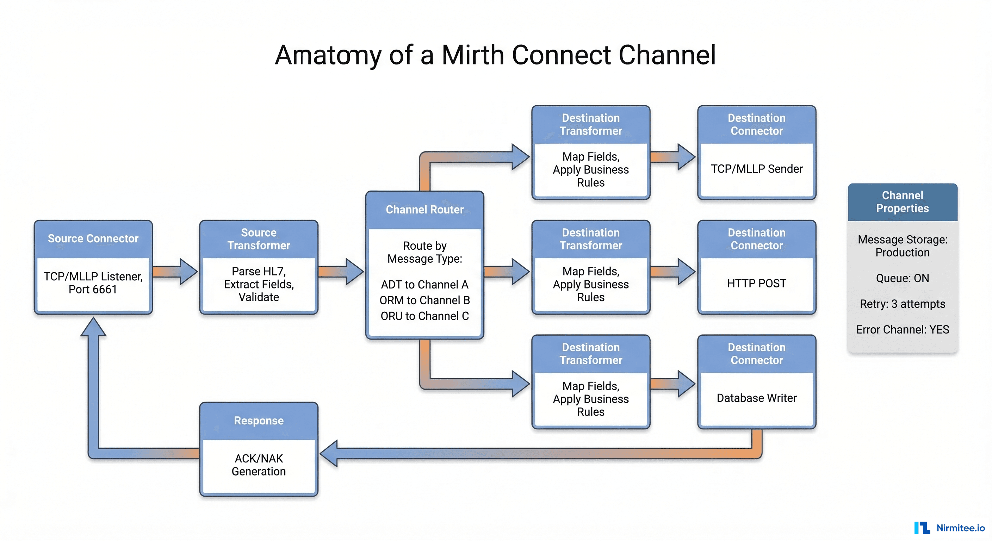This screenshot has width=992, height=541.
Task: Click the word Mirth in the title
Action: tap(472, 55)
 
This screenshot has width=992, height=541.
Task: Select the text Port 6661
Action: tap(93, 289)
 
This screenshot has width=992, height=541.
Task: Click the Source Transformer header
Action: tap(259, 239)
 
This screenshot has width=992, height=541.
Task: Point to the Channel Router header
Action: tap(424, 210)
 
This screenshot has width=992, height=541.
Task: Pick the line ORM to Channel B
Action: tap(424, 300)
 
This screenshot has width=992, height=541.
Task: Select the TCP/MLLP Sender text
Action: tap(756, 169)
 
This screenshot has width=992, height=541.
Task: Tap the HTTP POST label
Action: tap(756, 284)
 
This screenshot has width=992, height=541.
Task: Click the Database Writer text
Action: tap(756, 398)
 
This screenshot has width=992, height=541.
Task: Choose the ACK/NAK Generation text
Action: tap(259, 465)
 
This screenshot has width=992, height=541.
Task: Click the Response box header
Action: tap(259, 421)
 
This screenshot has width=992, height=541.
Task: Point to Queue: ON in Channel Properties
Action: tap(902, 278)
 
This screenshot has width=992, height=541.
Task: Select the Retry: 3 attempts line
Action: tap(902, 304)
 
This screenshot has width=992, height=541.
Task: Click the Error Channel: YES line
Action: tap(902, 330)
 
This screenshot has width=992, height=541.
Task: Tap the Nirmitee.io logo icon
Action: tap(922, 528)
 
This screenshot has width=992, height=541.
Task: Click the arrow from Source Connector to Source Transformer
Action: tap(175, 272)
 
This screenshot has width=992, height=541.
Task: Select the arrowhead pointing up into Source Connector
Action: tap(93, 327)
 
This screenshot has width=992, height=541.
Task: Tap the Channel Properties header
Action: tap(902, 202)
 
